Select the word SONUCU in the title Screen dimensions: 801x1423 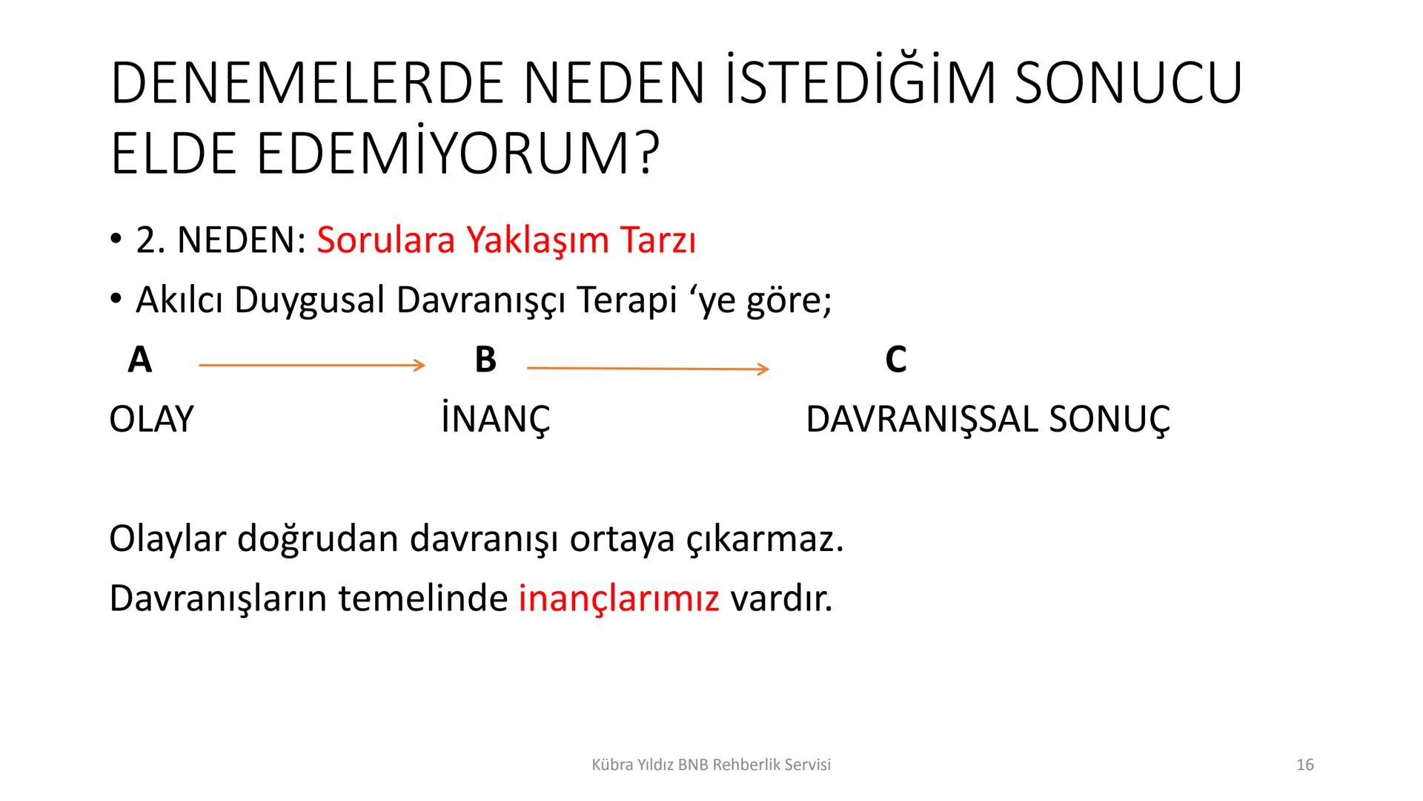[x=1127, y=83]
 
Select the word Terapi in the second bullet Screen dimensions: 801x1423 [x=627, y=300]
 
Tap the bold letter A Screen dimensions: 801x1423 [x=139, y=360]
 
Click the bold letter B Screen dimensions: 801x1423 [x=485, y=360]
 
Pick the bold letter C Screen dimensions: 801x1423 [x=895, y=360]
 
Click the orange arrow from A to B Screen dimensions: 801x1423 [x=311, y=365]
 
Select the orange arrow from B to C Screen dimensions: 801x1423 [x=647, y=368]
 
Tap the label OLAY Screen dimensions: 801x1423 [x=151, y=420]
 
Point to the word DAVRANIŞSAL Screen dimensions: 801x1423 [x=921, y=421]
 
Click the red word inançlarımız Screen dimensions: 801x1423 [x=619, y=599]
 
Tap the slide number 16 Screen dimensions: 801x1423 [x=1305, y=765]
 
